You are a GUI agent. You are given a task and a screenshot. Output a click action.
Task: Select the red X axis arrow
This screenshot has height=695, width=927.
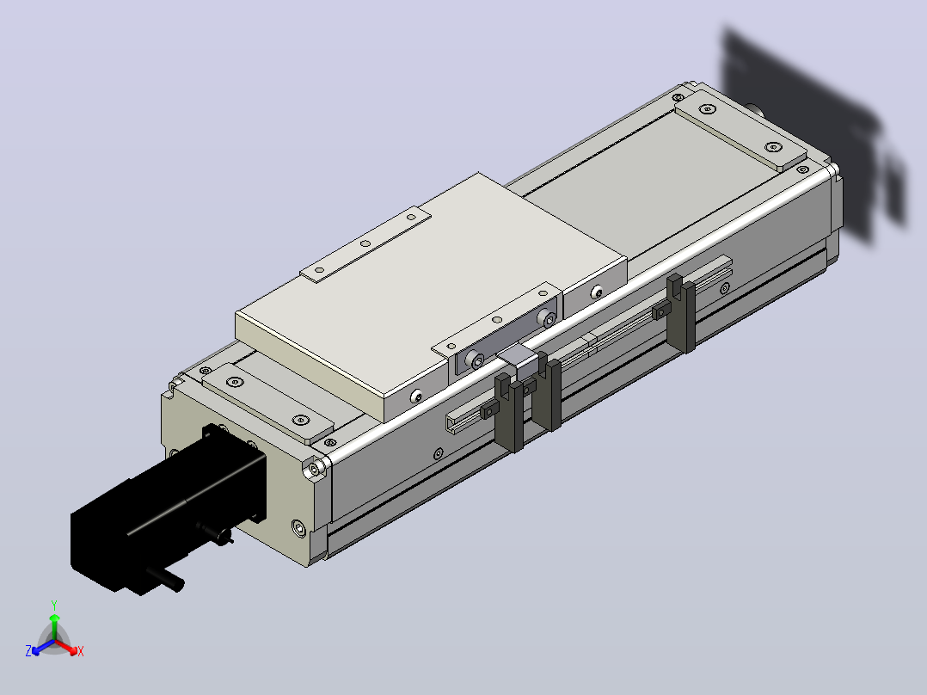click(66, 647)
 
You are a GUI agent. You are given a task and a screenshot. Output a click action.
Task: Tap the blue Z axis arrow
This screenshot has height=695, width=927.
click(43, 647)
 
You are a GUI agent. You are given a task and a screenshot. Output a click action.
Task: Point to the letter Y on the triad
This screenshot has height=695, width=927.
click(54, 606)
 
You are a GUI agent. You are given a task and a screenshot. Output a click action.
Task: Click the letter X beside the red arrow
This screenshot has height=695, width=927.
click(81, 651)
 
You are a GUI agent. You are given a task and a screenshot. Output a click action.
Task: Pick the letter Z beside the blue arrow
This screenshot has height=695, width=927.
click(28, 651)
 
